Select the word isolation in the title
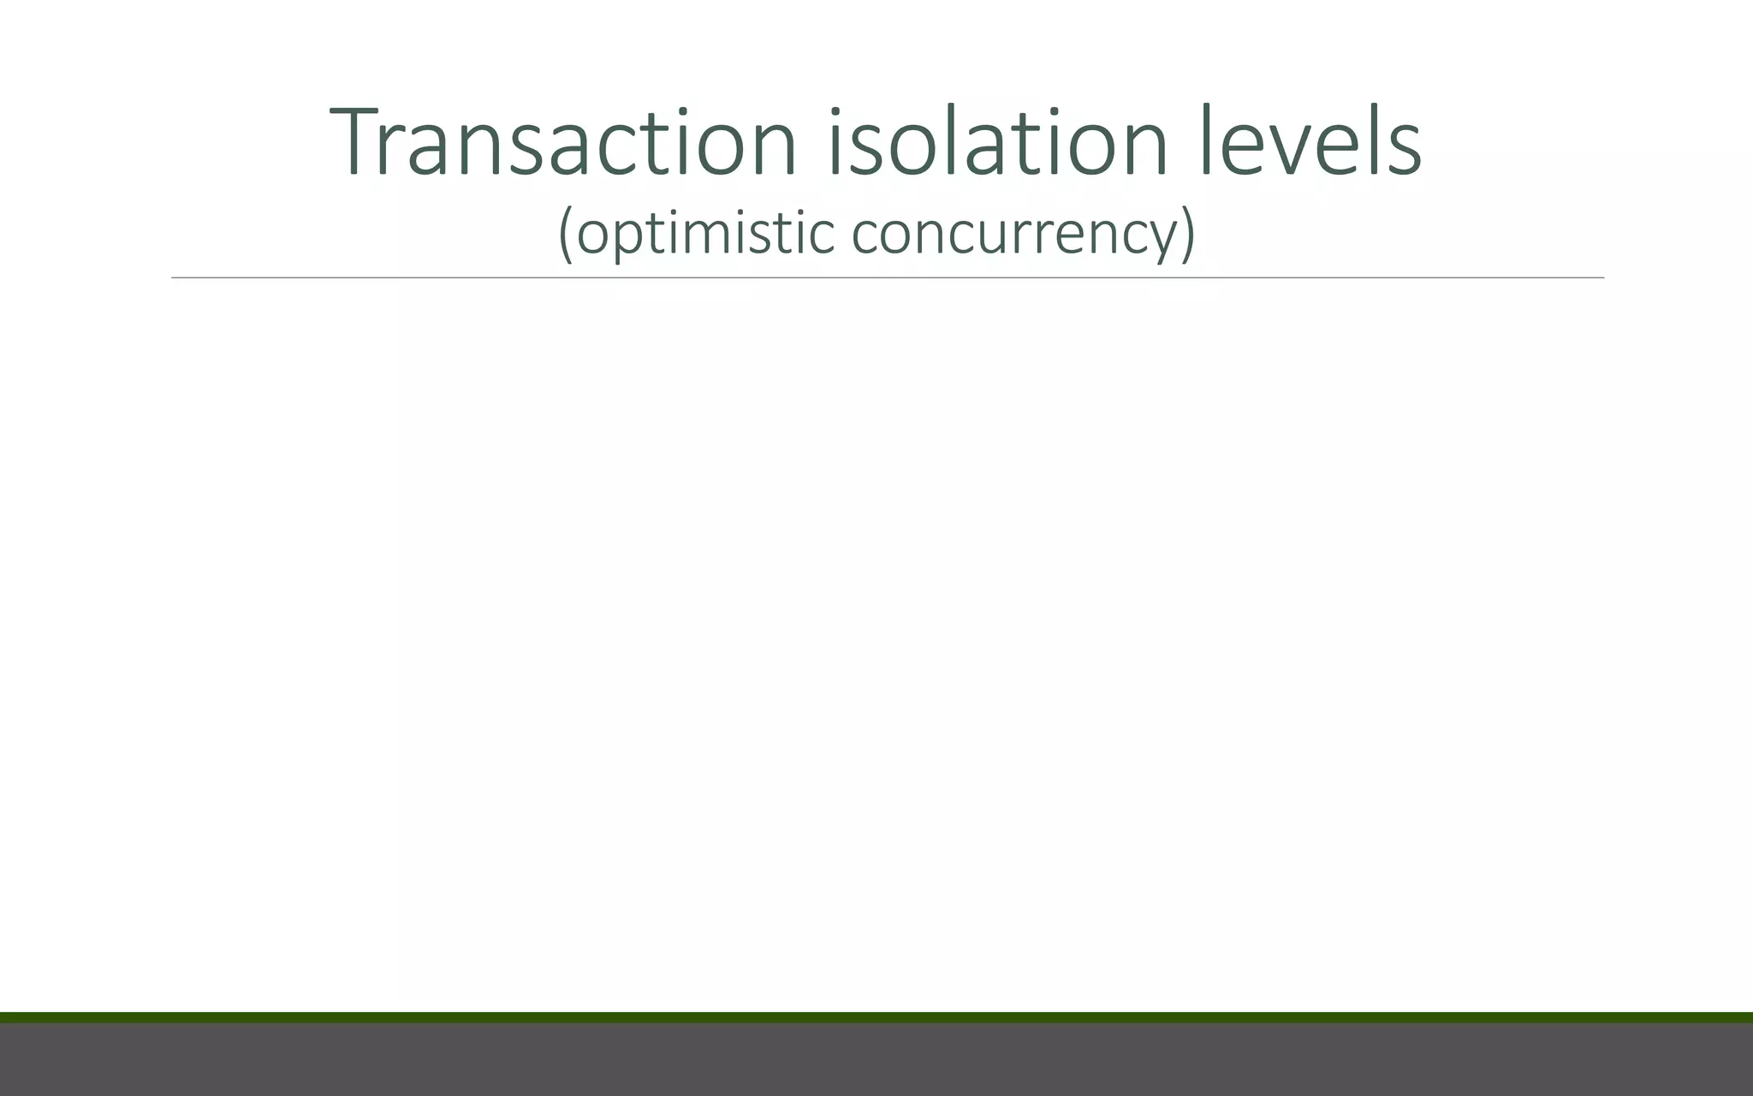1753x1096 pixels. pos(998,142)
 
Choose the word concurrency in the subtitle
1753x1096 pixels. pos(1013,233)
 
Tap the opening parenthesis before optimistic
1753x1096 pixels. pos(565,233)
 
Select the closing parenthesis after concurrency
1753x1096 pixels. pos(1187,233)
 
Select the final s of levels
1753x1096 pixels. pos(1405,151)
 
